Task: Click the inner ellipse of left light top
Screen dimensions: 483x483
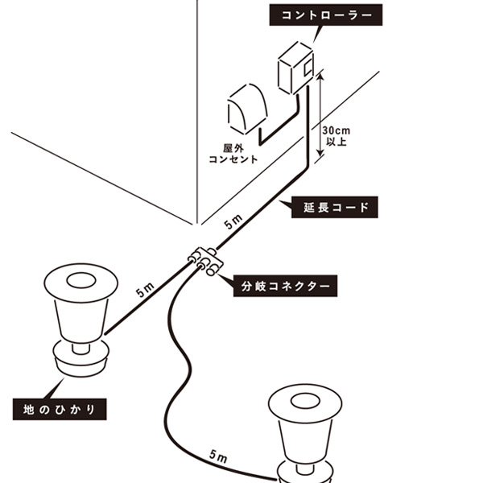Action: coord(78,282)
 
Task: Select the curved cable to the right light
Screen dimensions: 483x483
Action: coord(179,354)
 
